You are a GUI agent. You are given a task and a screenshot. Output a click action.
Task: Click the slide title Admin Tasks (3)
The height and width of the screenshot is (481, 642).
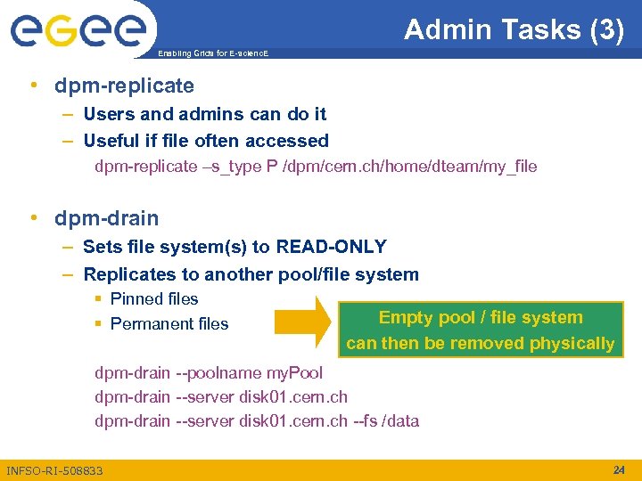click(x=514, y=29)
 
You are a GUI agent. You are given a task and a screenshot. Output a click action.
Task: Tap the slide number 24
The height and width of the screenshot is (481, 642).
click(x=619, y=469)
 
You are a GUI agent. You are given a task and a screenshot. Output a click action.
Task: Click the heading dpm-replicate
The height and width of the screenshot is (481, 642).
click(x=124, y=86)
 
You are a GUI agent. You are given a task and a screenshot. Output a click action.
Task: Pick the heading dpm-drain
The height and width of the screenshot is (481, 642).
click(x=106, y=218)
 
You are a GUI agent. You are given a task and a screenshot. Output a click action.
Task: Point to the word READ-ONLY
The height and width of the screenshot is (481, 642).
click(x=332, y=247)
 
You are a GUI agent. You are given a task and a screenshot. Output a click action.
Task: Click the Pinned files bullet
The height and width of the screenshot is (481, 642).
click(x=153, y=298)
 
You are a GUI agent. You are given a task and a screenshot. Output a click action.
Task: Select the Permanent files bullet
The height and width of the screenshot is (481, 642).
click(x=169, y=323)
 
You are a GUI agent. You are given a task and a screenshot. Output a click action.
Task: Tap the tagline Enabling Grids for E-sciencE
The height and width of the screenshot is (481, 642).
click(x=212, y=53)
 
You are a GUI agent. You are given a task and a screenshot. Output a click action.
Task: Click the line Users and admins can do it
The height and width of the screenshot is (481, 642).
click(x=204, y=114)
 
